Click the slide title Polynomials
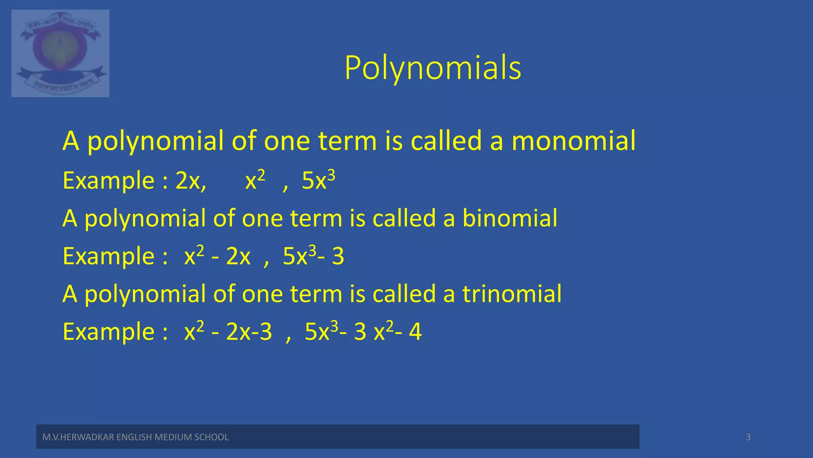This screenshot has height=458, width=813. click(433, 68)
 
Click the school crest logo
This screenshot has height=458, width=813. click(60, 53)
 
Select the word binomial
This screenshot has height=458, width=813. click(510, 218)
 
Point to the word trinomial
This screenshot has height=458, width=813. click(512, 294)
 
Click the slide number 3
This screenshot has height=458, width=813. click(748, 437)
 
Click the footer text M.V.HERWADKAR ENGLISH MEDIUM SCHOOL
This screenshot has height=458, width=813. click(135, 437)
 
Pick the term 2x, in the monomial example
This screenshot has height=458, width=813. click(191, 181)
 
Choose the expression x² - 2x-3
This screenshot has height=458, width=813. click(228, 332)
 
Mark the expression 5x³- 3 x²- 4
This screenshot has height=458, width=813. click(363, 332)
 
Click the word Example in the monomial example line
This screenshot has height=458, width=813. click(108, 181)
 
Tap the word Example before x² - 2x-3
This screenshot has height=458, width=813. click(108, 332)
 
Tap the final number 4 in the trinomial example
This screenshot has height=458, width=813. click(415, 332)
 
